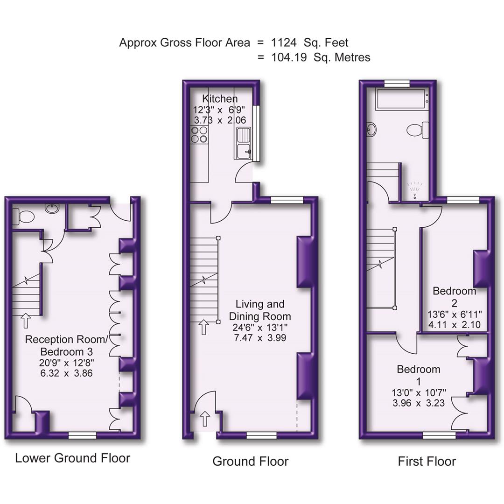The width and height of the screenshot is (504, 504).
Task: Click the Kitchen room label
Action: (219, 99)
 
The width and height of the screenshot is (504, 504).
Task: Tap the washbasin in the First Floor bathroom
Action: (371, 129)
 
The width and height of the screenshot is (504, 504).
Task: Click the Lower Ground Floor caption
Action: (72, 458)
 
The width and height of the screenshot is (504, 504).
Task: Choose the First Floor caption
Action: (427, 462)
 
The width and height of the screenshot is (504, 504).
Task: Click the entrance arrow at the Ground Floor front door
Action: (204, 418)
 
